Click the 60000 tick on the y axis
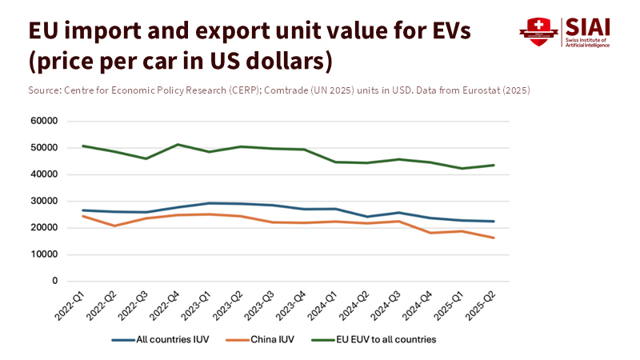click(x=45, y=121)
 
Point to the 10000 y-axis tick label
click(x=45, y=254)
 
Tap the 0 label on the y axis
click(x=55, y=281)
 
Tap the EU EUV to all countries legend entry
click(x=385, y=339)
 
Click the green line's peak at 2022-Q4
click(x=177, y=145)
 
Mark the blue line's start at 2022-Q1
click(x=83, y=210)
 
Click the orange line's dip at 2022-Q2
click(x=114, y=226)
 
